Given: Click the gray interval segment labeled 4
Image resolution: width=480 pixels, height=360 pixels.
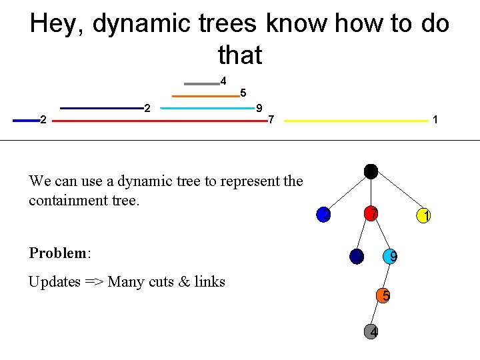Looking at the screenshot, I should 201,84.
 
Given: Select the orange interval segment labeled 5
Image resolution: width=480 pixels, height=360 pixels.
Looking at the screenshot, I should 205,96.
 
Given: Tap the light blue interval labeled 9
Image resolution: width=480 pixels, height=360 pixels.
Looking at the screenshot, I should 207,108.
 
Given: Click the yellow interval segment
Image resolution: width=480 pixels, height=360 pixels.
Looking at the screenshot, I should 355,121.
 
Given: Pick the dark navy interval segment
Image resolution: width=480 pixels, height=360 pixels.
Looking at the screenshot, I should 100,108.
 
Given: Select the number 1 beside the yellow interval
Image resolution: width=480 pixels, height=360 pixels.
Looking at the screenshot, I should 435,120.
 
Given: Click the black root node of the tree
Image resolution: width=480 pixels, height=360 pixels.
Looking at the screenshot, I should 371,171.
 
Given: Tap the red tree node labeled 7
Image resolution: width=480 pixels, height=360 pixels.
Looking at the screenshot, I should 371,214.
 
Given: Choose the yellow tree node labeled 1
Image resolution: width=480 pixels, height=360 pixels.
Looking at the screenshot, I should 423,215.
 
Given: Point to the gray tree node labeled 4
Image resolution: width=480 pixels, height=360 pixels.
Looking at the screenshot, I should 373,331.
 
